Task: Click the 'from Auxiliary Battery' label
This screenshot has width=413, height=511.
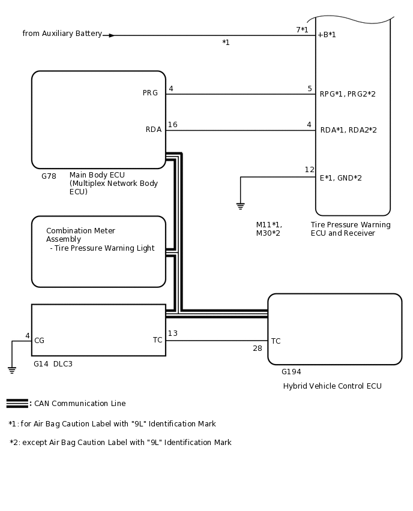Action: click(62, 34)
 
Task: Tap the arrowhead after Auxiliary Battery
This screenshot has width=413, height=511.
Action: click(111, 35)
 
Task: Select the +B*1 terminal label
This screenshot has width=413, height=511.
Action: click(327, 35)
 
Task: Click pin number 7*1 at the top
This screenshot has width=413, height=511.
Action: click(302, 29)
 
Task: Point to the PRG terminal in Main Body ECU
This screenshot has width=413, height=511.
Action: click(150, 93)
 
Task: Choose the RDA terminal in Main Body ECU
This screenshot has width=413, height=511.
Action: click(153, 129)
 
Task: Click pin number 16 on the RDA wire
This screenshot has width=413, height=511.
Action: click(172, 125)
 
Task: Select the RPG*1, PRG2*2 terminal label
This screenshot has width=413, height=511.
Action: click(348, 94)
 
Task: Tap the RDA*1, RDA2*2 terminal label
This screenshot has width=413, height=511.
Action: click(348, 130)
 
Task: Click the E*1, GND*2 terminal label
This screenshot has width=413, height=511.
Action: click(340, 178)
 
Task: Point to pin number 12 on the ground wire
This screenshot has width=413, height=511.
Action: click(309, 170)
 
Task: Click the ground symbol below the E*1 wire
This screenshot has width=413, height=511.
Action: click(240, 206)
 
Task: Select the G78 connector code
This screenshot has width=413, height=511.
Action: click(49, 176)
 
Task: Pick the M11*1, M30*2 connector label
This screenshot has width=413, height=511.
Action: click(268, 229)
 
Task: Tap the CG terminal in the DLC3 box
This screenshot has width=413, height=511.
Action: click(39, 341)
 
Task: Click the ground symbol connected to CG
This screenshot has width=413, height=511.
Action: click(12, 369)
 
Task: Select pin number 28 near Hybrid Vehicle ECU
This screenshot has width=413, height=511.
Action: click(257, 348)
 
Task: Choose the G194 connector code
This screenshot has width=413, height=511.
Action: click(291, 372)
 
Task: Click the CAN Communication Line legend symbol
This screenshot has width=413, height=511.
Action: click(17, 403)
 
